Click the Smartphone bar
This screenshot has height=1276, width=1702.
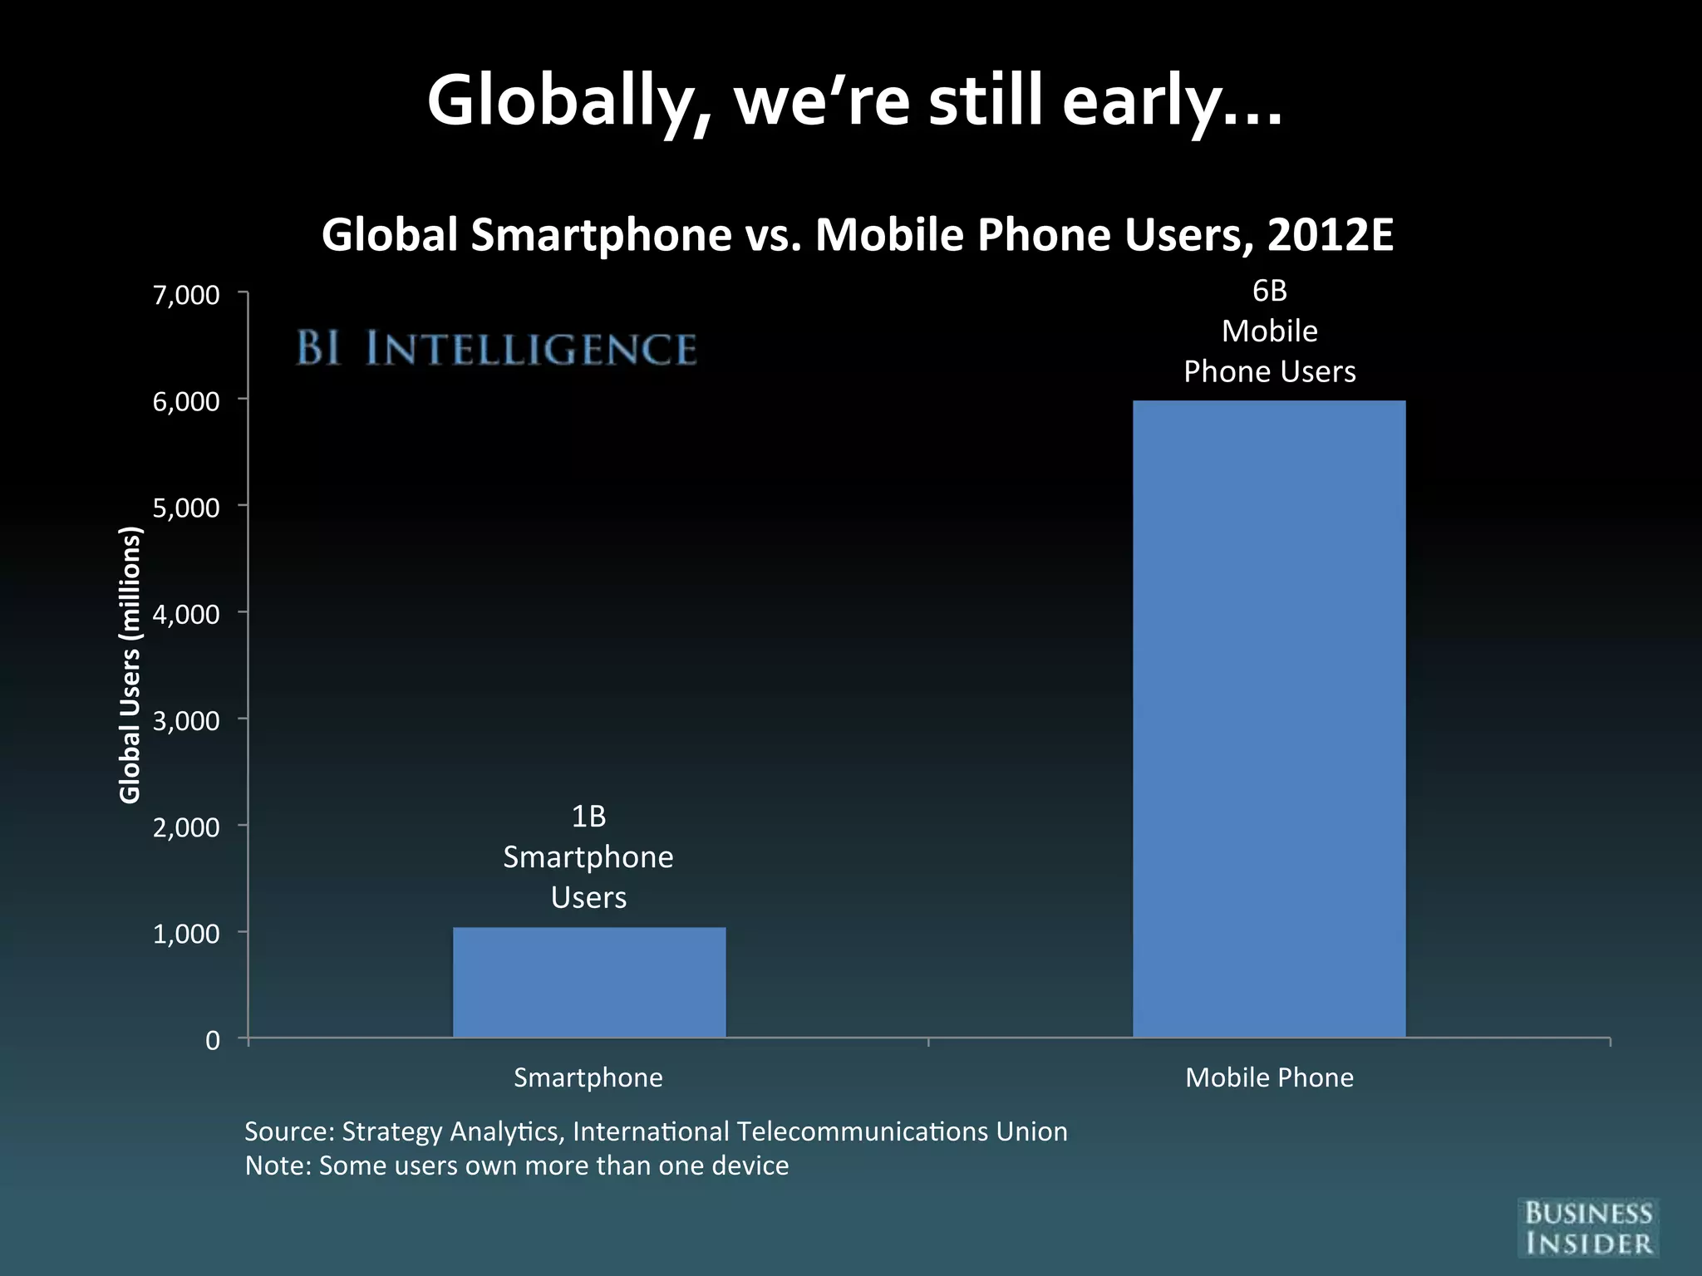[x=589, y=982]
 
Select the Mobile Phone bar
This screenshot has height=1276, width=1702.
[x=1269, y=719]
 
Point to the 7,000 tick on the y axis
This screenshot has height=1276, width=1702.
[x=186, y=295]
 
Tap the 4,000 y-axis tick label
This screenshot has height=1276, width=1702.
[x=186, y=615]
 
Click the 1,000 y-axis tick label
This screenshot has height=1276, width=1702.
[x=186, y=934]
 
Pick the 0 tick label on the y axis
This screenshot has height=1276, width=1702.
[x=213, y=1041]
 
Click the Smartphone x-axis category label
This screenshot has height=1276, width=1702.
[x=588, y=1077]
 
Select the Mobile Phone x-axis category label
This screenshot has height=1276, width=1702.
[x=1269, y=1077]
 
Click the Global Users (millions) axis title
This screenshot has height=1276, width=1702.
[x=130, y=665]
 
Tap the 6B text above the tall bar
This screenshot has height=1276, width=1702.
[x=1269, y=291]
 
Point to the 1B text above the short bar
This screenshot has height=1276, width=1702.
[x=588, y=817]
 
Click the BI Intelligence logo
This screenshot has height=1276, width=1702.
[x=496, y=348]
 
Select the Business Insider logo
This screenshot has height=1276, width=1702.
[x=1587, y=1228]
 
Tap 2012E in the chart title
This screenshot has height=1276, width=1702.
[x=1331, y=235]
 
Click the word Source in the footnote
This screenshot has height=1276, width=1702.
[x=287, y=1131]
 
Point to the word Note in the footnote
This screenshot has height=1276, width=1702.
[x=275, y=1166]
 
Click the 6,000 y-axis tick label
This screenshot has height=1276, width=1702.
[x=186, y=402]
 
